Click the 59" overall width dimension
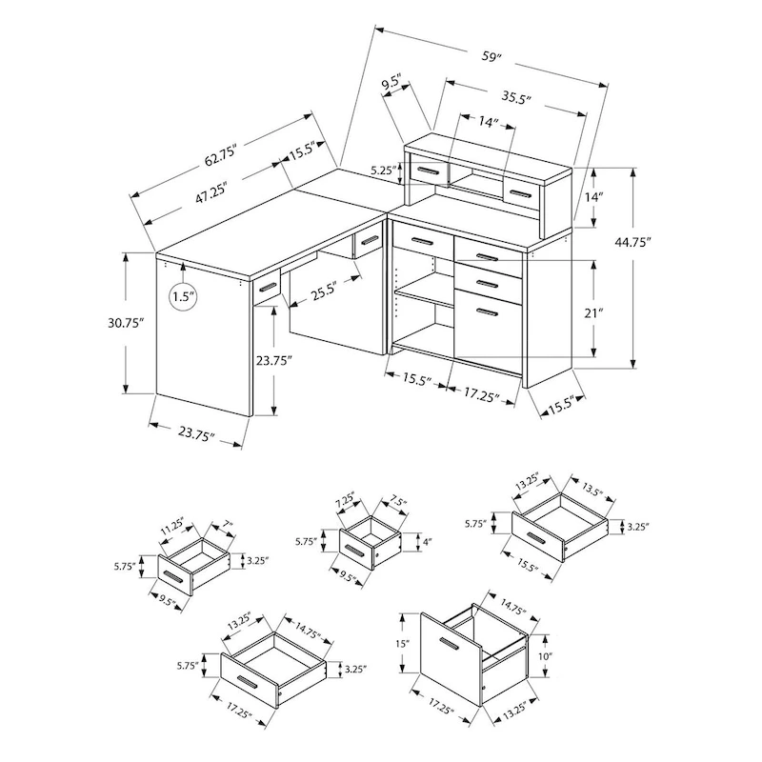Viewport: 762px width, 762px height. [491, 57]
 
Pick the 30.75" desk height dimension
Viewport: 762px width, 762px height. [126, 324]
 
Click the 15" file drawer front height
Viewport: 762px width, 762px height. [403, 645]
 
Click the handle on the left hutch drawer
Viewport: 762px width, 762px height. [428, 171]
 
